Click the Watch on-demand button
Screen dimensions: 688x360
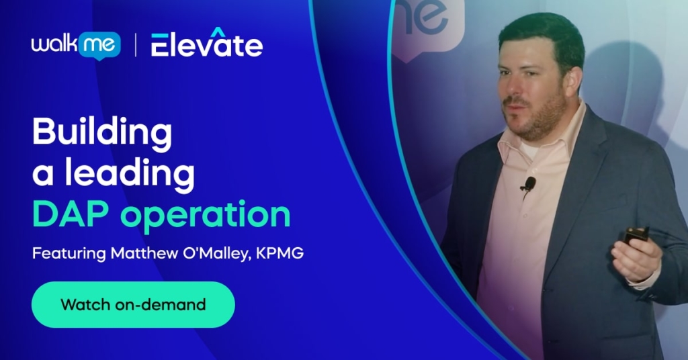(133, 304)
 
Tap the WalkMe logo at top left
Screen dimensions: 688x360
(76, 45)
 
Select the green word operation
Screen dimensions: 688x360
(206, 217)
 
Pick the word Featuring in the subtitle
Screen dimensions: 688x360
(69, 254)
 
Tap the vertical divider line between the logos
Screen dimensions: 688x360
(135, 45)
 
